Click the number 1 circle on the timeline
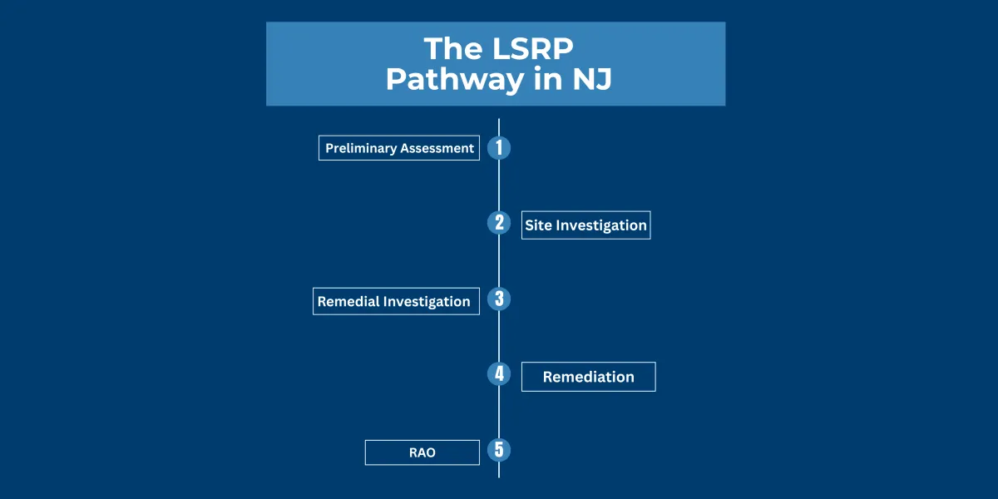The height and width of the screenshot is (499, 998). click(499, 148)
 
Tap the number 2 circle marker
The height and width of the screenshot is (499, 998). click(499, 222)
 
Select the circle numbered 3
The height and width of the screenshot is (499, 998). click(499, 299)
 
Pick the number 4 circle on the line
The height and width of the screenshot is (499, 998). click(499, 373)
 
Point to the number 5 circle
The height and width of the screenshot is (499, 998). click(499, 450)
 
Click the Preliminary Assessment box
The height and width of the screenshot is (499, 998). click(399, 148)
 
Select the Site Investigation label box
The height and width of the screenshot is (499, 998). click(585, 225)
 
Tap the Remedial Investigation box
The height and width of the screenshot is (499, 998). click(396, 301)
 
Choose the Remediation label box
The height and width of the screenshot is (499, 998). click(588, 377)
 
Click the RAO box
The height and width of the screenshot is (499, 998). click(422, 452)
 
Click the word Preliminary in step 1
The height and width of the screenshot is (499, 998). click(360, 148)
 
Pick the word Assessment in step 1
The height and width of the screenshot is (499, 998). click(437, 148)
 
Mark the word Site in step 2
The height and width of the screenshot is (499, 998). click(538, 225)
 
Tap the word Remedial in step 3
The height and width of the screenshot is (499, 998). click(348, 301)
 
